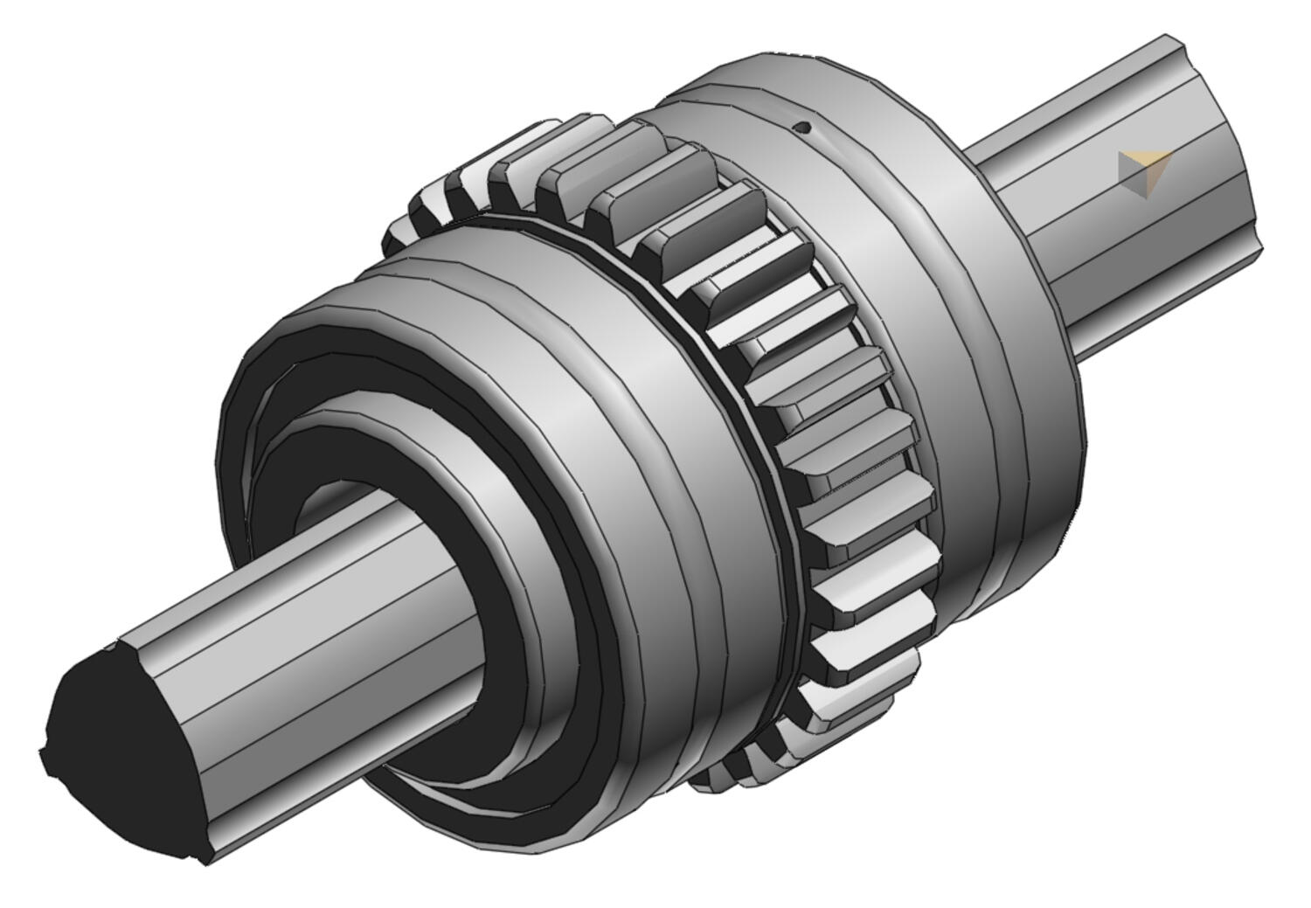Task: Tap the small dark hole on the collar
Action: [x=805, y=128]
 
